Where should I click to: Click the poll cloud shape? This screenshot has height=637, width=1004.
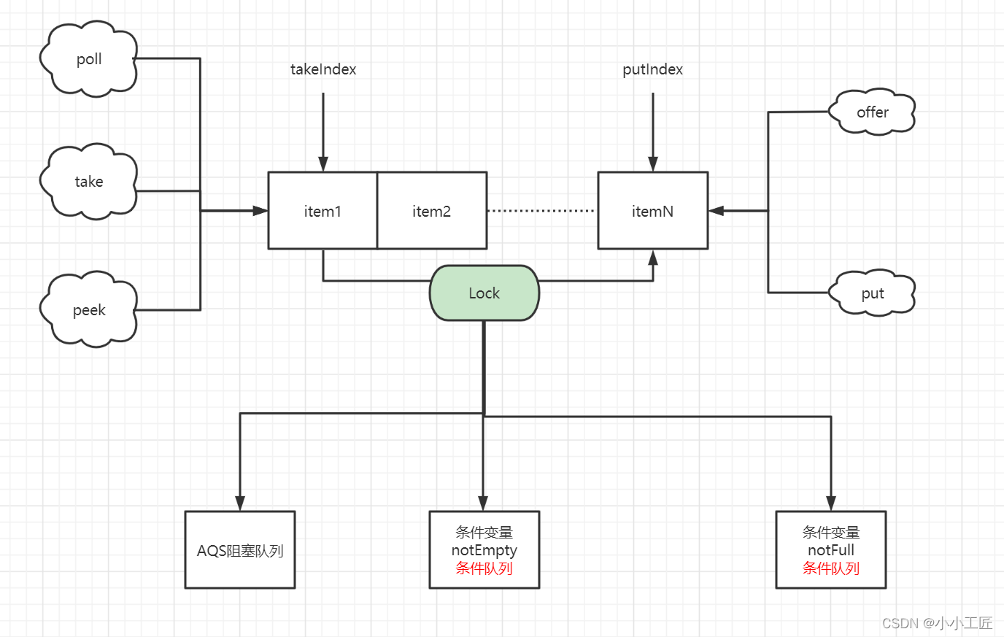point(89,59)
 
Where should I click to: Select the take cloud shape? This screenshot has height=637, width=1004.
point(89,182)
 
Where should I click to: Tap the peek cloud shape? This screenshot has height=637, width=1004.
point(89,310)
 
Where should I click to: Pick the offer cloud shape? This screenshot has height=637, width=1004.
point(873,112)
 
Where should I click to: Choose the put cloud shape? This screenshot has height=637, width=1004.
point(873,293)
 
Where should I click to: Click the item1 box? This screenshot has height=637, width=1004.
point(323,211)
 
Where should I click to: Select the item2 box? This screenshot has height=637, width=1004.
point(432,211)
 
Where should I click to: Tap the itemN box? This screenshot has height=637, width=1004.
point(652,211)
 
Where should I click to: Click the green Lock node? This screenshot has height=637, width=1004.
point(484,293)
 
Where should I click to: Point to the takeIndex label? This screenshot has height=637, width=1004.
point(323,69)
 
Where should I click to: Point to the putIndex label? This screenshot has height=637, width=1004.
point(652,69)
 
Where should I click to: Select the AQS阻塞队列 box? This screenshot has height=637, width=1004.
point(240,550)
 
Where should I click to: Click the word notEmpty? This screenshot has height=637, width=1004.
point(484,550)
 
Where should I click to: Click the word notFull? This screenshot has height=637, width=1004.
point(830,550)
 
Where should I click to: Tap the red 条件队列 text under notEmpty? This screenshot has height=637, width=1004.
point(484,568)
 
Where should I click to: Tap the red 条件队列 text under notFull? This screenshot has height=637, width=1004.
point(830,568)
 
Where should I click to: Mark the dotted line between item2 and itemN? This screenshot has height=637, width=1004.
point(541,211)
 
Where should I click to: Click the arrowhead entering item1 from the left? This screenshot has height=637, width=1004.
point(260,211)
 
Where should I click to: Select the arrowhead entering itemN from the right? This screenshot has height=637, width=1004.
point(717,211)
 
